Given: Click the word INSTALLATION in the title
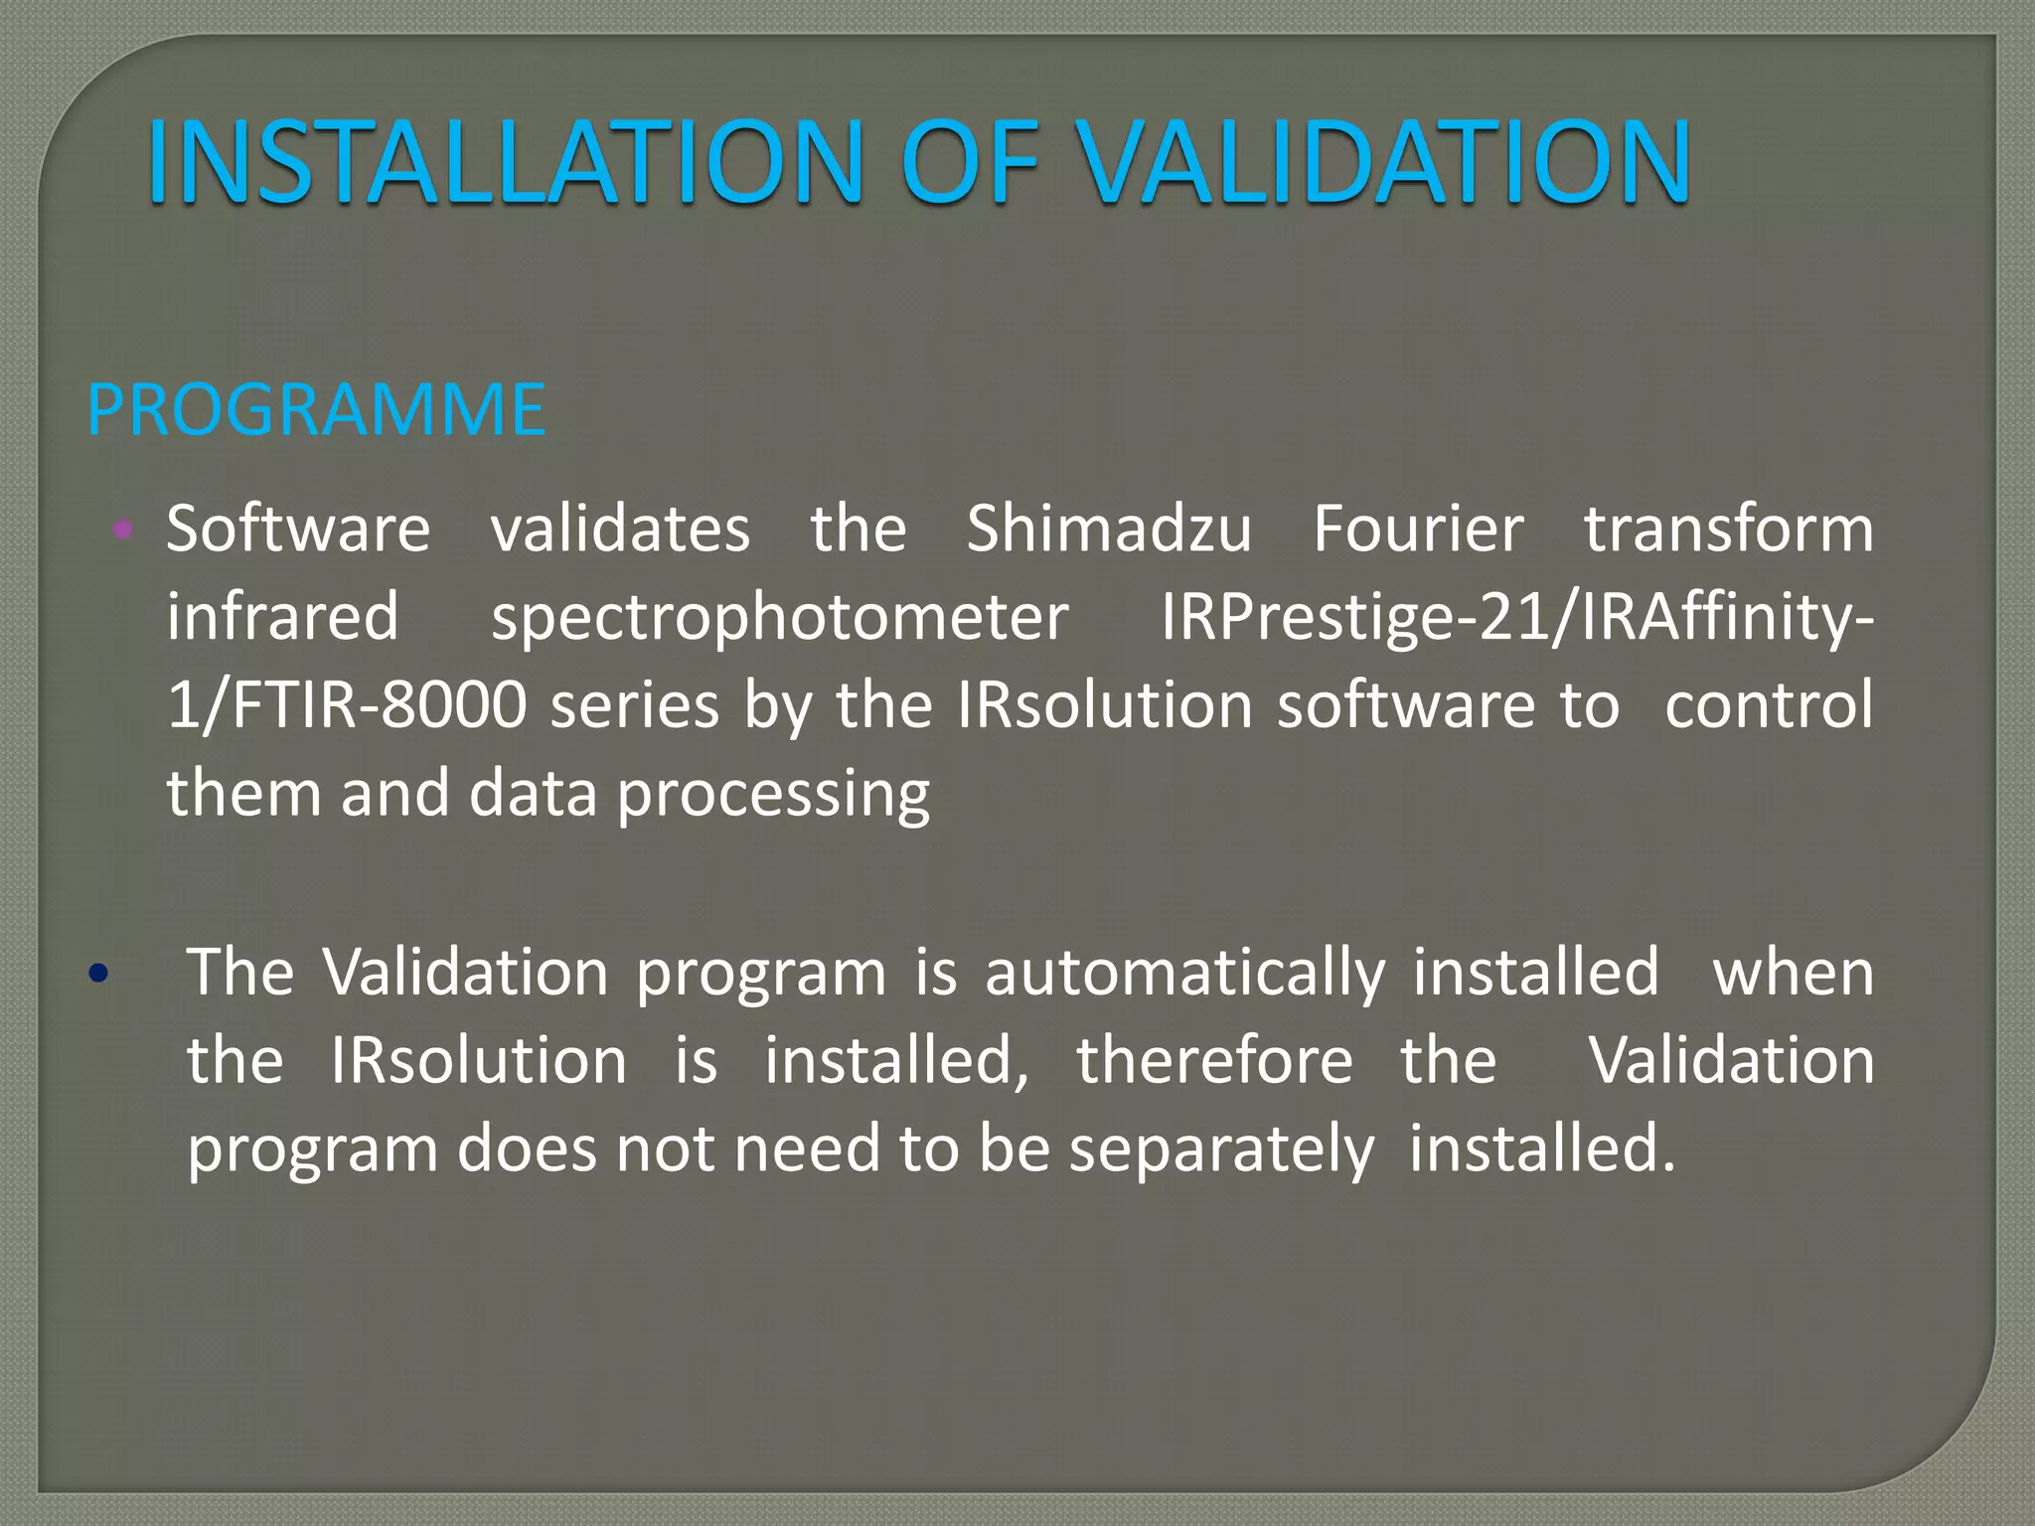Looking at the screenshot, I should click(506, 162).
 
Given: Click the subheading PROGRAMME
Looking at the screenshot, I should click(316, 409).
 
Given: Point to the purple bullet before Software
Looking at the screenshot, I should click(123, 530).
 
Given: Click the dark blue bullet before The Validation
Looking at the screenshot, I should click(97, 974).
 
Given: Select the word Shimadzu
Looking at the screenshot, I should click(1109, 529).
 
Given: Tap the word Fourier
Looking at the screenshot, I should click(1418, 529).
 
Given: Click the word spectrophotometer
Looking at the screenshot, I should click(780, 618).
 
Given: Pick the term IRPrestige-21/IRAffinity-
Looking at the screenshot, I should click(1517, 618).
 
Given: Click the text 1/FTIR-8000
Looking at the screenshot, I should click(346, 705).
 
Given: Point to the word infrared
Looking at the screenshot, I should click(283, 618).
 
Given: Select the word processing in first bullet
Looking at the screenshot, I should click(773, 795).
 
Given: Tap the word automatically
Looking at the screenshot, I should click(1184, 973).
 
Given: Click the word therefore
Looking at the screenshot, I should click(1214, 1061).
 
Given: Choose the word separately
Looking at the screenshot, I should click(1221, 1149).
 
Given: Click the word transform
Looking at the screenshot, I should click(1729, 529).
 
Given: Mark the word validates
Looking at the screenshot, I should click(620, 529).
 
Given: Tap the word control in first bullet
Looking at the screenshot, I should click(1769, 705).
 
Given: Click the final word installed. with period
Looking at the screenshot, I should click(1541, 1149).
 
